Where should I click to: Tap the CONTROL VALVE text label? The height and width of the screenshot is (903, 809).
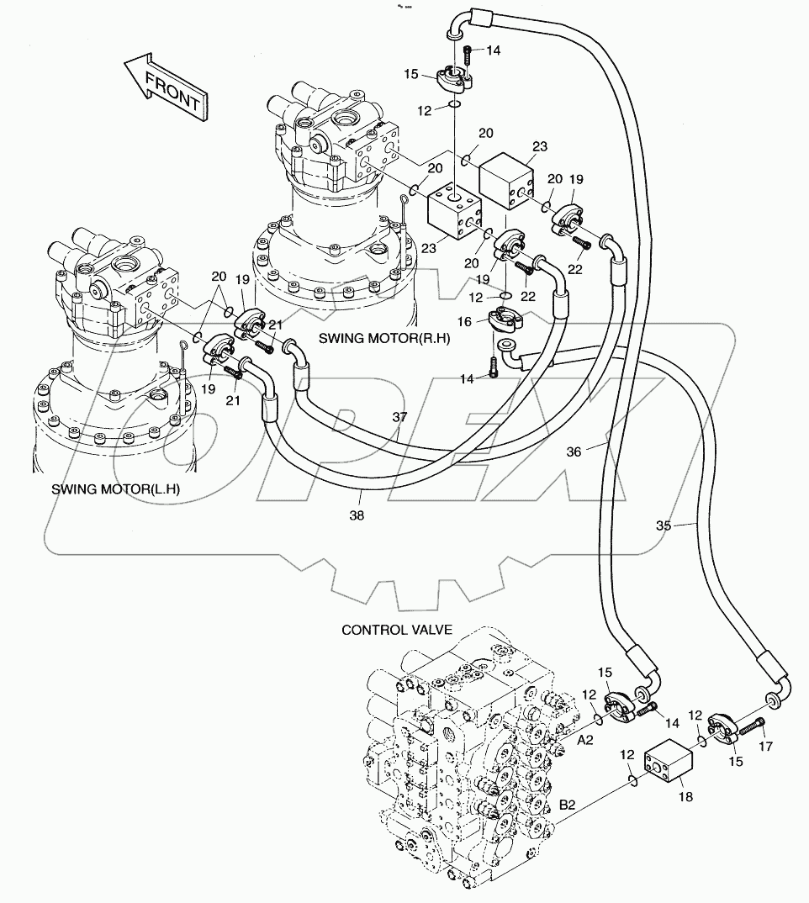coord(397,629)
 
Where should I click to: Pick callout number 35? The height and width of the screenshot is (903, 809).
coord(664,525)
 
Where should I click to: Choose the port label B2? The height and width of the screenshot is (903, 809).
coord(568,805)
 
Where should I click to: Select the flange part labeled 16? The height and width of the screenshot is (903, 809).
coord(502,320)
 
